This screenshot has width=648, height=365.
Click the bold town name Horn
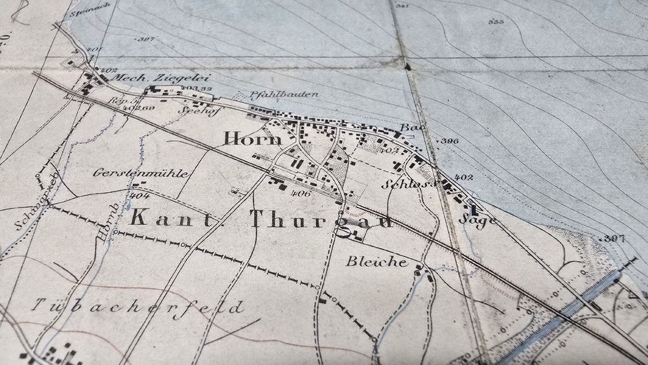coord(253,138)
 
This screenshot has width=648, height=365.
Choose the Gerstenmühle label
coord(141,174)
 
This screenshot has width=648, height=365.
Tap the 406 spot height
coord(302,193)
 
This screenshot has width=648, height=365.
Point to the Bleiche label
coord(376,262)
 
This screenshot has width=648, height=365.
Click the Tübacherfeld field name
coord(139,307)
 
